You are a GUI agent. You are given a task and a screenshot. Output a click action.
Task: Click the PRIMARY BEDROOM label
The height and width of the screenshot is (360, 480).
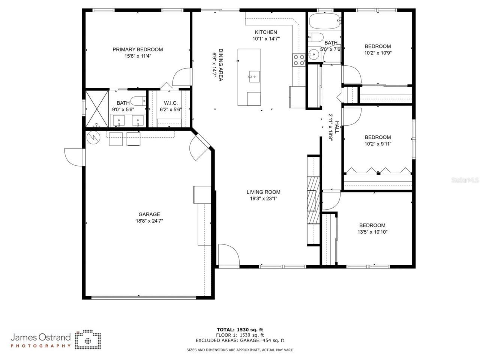[138, 49]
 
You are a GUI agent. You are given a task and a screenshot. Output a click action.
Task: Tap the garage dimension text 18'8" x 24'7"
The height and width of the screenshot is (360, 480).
[149, 221]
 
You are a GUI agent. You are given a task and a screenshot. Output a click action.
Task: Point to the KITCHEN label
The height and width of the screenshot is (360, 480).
[266, 32]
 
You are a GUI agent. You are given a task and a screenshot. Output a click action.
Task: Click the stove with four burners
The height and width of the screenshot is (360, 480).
[299, 60]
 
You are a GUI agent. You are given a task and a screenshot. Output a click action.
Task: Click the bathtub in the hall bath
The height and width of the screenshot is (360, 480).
[324, 22]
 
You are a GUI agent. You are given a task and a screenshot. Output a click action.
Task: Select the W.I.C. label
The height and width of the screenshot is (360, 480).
[171, 103]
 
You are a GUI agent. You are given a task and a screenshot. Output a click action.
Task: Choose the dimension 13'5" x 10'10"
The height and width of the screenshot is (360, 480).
[373, 232]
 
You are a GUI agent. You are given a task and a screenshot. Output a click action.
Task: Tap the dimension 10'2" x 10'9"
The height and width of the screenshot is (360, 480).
[378, 53]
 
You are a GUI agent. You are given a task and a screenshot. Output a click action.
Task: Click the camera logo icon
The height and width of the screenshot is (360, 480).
[88, 339]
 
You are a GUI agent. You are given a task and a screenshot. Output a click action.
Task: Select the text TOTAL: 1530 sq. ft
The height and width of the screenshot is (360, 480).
[241, 330]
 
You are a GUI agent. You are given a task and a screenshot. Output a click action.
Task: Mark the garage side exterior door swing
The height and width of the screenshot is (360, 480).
[73, 157]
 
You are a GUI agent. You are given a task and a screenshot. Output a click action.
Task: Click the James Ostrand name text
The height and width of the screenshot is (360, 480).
[40, 337]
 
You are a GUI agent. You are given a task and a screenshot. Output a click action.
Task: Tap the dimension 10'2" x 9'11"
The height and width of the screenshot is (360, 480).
[378, 144]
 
